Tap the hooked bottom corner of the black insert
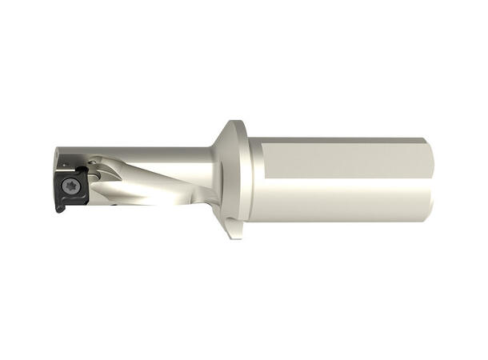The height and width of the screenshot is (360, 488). coord(58,210)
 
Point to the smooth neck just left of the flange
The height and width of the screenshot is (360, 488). coord(196,164)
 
